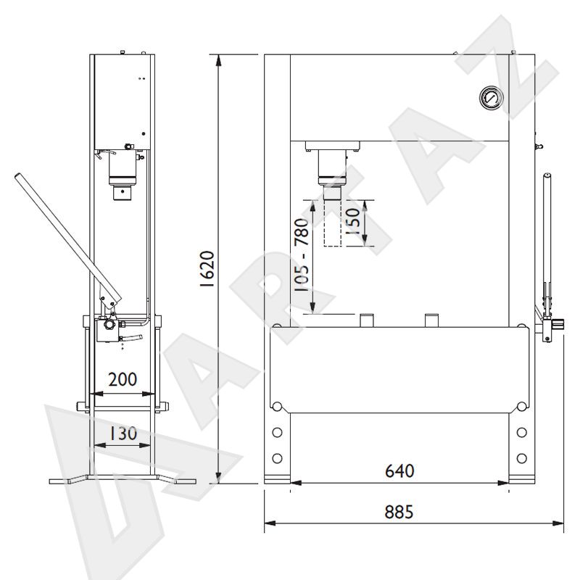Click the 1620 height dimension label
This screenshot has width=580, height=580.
coord(207,269)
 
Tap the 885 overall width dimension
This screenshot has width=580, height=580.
coord(399,513)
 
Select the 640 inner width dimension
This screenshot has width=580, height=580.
coord(399,471)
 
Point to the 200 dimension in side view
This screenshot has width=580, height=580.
coord(123,379)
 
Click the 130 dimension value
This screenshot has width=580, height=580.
coord(123,433)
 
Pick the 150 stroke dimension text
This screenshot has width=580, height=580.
coord(352,221)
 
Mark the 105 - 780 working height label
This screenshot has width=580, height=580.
coord(301,255)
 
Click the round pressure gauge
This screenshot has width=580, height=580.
coord(492,98)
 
